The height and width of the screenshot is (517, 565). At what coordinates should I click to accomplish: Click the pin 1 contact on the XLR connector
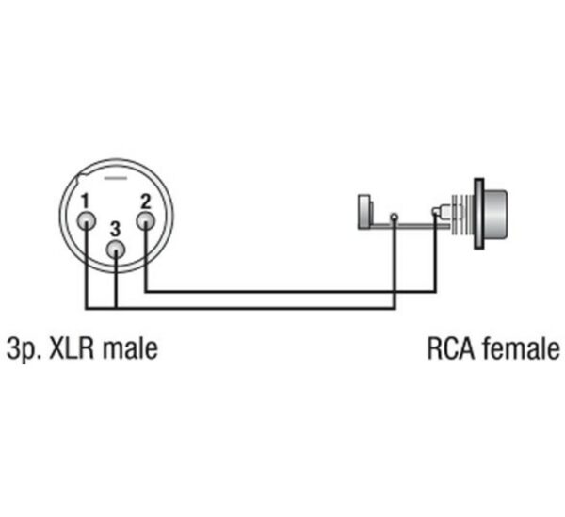coord(87,220)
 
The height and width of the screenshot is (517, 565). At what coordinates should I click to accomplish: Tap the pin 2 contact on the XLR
coord(146,220)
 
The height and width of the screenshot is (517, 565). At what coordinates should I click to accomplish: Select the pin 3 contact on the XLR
coord(115,250)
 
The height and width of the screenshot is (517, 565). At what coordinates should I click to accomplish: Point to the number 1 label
coord(85,201)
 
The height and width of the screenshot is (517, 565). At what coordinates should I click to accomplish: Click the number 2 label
coord(146,201)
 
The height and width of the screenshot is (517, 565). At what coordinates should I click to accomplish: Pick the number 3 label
coord(115,229)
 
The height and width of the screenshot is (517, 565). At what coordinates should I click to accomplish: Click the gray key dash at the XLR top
coord(115,178)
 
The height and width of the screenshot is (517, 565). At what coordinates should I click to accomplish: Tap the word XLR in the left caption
coord(72,348)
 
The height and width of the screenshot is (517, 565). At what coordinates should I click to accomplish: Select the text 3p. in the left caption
coord(24,349)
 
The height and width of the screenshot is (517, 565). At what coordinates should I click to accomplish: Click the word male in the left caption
coord(131,348)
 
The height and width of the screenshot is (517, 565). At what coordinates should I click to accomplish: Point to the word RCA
coord(451,348)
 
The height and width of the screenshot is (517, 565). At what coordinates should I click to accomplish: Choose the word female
coord(522,348)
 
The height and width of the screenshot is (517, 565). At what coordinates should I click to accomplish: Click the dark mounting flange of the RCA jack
coord(479,214)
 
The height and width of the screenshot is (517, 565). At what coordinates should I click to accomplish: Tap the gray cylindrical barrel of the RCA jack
coord(496,214)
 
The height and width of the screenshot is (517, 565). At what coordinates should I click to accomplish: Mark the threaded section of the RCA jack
coord(462,214)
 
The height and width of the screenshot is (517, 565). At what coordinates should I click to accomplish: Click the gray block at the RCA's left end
coord(364,212)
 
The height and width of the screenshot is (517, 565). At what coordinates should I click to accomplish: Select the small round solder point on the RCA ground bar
coord(395,218)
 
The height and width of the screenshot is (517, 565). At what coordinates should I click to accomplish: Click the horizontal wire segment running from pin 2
coord(291,292)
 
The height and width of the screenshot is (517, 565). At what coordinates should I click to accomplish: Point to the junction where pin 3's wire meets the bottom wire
coord(115,308)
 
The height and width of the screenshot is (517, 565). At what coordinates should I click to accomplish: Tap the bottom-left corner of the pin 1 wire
coord(87,308)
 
